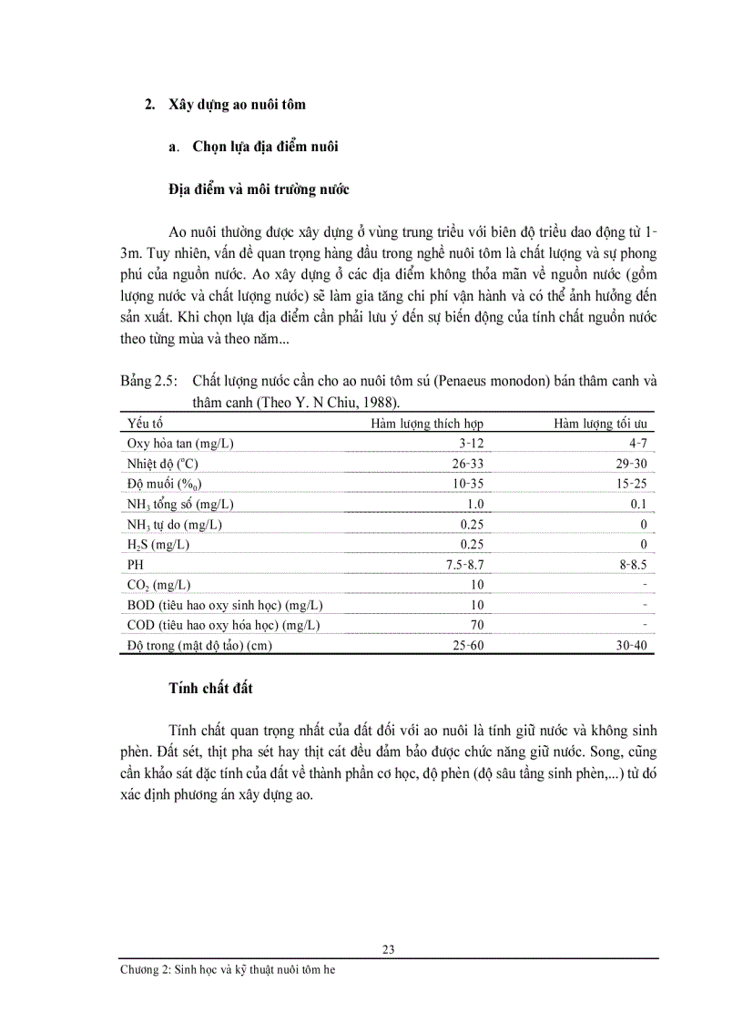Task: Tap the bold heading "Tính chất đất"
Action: [x=210, y=688]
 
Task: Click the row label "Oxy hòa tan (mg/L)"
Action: [x=187, y=444]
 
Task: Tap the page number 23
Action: [x=389, y=949]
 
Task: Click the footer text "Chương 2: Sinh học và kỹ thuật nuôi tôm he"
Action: [x=229, y=970]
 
